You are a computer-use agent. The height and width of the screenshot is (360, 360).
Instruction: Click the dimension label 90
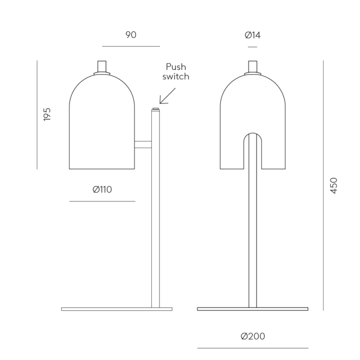(131, 35)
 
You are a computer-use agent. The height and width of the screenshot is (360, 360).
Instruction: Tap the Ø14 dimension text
(253, 35)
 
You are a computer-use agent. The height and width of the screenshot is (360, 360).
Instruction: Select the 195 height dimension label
(47, 114)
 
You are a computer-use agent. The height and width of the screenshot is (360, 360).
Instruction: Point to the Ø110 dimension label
(102, 189)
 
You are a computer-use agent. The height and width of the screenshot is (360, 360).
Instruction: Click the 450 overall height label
(334, 186)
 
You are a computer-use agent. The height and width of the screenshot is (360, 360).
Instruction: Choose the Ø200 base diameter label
(253, 336)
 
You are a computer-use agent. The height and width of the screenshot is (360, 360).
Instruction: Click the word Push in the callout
(175, 67)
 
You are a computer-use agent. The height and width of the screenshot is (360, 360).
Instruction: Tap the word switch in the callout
(176, 77)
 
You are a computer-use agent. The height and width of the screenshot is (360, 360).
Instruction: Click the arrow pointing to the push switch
(168, 96)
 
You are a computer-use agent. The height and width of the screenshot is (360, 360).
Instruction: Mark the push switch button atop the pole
(155, 109)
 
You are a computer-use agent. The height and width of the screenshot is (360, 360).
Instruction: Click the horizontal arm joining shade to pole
(143, 144)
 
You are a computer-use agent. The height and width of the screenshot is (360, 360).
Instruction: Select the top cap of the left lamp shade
(102, 67)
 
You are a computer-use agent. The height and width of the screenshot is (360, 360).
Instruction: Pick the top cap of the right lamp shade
(253, 67)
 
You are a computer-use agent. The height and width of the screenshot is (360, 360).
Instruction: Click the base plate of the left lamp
(116, 309)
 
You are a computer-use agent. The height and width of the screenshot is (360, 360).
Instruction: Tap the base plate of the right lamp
(253, 309)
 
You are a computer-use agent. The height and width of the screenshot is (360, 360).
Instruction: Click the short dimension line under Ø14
(253, 47)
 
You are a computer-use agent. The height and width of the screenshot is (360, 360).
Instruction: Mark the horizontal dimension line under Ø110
(102, 201)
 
